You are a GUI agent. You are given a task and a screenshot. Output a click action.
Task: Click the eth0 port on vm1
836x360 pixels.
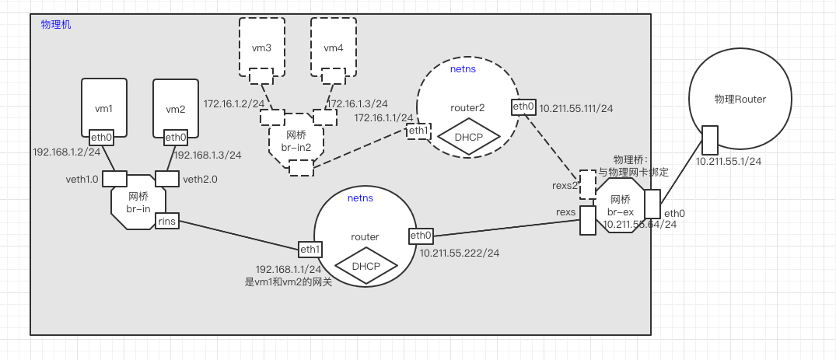click(x=102, y=138)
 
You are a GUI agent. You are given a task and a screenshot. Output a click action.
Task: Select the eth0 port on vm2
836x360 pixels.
click(x=176, y=138)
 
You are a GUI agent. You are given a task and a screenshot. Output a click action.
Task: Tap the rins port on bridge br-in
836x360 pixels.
click(x=167, y=222)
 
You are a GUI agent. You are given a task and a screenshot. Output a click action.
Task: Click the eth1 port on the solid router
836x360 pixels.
click(x=310, y=250)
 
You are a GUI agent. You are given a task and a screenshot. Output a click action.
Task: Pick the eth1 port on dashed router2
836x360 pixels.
click(x=418, y=131)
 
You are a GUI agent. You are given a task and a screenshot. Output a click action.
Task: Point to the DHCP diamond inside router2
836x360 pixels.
click(x=468, y=136)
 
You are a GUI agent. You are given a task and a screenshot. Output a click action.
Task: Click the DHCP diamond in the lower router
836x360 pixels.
click(x=366, y=266)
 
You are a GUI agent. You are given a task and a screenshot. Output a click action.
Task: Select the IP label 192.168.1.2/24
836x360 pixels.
click(x=61, y=152)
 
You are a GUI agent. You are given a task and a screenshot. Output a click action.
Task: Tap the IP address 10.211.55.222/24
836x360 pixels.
click(x=459, y=253)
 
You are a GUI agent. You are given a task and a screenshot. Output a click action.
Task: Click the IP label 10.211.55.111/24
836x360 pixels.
click(x=576, y=108)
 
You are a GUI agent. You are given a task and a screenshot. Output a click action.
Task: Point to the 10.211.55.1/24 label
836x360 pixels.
click(x=728, y=162)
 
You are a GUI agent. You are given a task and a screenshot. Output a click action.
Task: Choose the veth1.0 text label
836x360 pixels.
click(x=82, y=180)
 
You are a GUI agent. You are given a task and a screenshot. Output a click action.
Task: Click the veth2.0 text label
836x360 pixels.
click(x=200, y=180)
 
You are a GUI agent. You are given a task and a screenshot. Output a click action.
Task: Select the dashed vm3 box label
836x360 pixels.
click(x=261, y=48)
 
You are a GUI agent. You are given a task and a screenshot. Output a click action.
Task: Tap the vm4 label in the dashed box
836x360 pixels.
click(x=334, y=48)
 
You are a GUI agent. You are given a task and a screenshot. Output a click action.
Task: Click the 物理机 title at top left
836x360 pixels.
click(x=56, y=25)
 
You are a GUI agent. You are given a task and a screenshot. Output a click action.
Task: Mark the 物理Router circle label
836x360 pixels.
click(x=740, y=100)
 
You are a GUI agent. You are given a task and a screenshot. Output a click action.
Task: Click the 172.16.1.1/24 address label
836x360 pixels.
click(x=384, y=117)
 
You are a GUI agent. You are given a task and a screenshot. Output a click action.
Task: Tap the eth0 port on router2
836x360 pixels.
click(x=523, y=107)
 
